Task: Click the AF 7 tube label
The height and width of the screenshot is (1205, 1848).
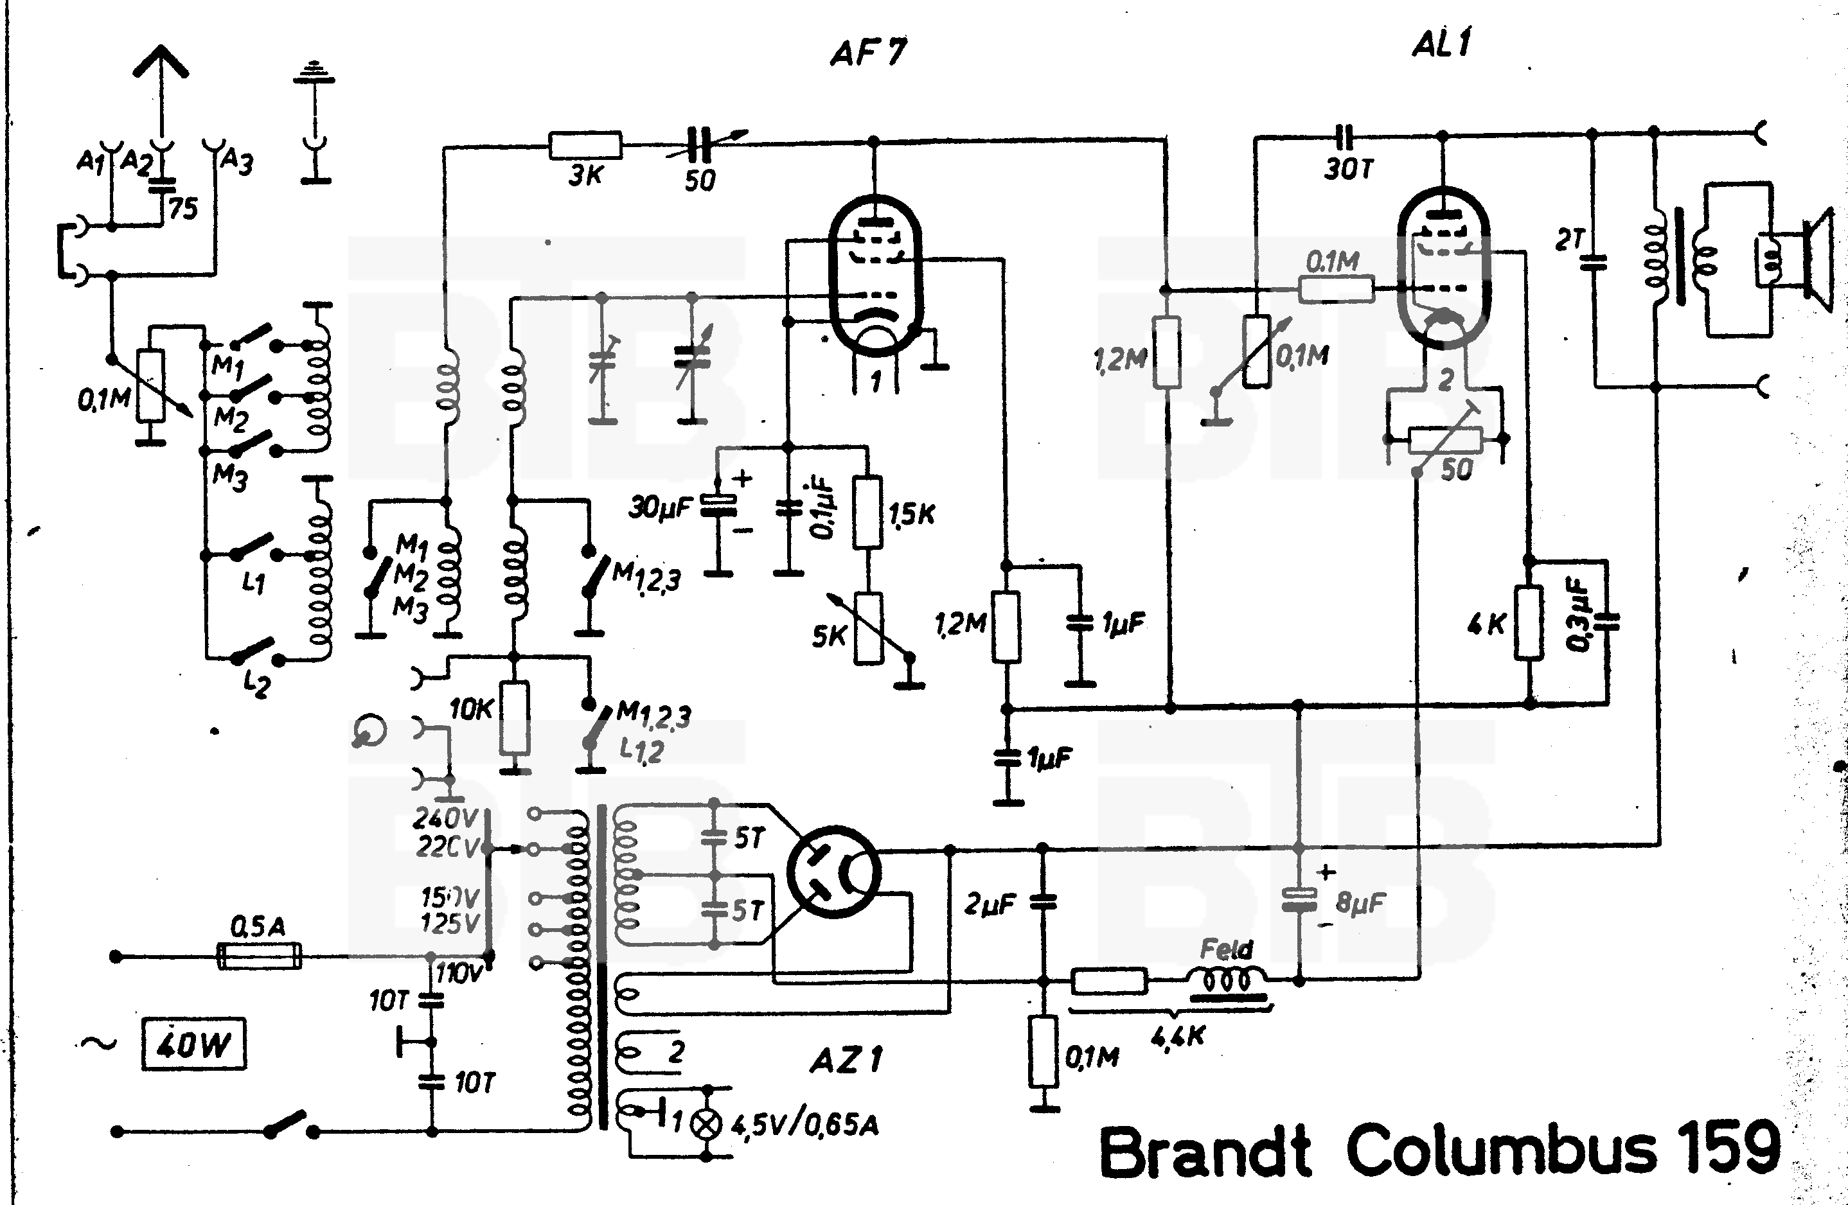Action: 868,53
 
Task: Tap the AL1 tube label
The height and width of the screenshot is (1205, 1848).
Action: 1441,44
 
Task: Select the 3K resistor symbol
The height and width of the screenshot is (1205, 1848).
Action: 585,145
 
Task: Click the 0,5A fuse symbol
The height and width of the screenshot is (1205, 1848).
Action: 258,956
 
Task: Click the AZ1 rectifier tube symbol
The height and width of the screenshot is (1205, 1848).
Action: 834,871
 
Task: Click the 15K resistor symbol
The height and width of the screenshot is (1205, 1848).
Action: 867,513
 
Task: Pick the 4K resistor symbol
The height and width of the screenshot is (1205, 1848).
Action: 1528,624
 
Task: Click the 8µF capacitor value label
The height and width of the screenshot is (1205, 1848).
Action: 1361,902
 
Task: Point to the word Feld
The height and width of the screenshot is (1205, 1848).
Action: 1227,949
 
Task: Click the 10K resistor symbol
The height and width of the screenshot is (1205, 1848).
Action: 514,717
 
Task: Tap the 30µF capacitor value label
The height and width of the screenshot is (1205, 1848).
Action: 659,508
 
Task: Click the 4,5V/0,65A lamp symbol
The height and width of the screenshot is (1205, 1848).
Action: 707,1123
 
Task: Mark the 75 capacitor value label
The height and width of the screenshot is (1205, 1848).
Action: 183,208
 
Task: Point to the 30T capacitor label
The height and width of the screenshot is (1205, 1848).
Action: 1349,168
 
